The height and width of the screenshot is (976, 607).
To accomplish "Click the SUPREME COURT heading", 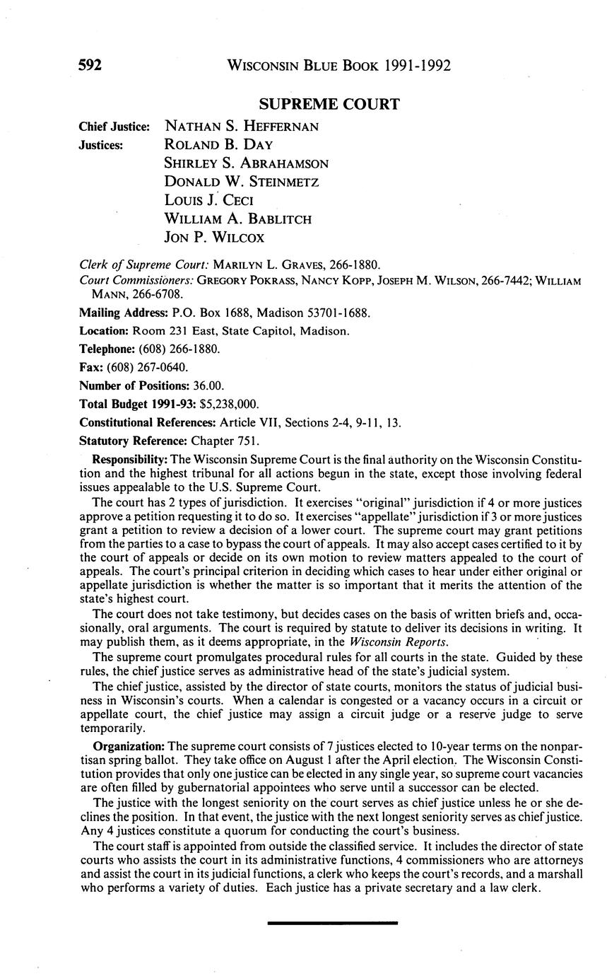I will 329,105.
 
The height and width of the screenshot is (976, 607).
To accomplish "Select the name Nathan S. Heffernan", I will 242,127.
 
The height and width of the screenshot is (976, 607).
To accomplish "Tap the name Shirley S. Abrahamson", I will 246,163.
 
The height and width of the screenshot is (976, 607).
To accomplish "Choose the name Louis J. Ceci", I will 208,200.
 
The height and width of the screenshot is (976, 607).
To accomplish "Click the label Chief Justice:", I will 114,127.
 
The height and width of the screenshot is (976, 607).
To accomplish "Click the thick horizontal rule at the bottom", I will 333,922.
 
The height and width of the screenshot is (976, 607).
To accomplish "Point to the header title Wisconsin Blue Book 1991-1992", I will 338,66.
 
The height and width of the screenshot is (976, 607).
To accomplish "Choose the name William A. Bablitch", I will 238,219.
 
